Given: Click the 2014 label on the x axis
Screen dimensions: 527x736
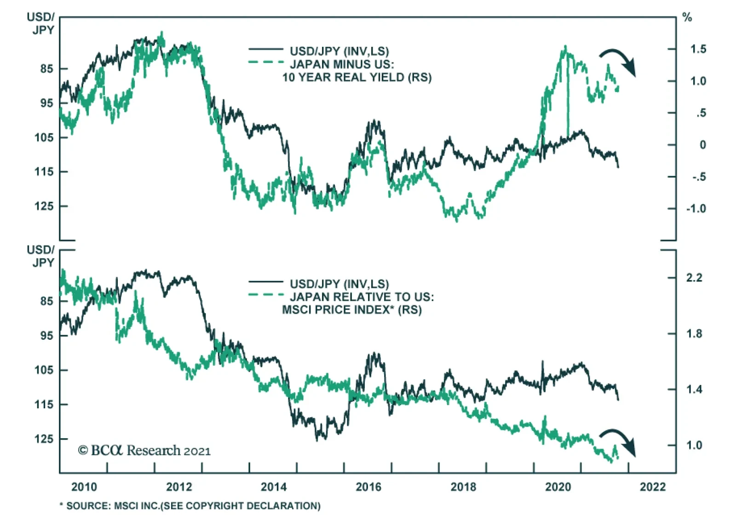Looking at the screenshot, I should [x=274, y=487].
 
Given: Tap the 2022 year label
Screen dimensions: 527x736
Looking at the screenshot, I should [x=652, y=487].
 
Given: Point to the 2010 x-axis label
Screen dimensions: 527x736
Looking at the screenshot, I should [x=84, y=487].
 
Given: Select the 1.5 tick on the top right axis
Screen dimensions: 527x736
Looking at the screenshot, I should [x=698, y=49].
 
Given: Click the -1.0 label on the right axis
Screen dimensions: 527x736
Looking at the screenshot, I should [x=696, y=209].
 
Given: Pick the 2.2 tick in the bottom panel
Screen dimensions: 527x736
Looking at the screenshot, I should [x=694, y=278].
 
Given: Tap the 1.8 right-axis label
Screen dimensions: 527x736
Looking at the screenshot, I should [x=694, y=334].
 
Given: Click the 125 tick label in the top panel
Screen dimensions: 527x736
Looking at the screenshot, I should [x=44, y=206].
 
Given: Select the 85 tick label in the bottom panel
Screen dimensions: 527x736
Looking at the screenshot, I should [x=46, y=301].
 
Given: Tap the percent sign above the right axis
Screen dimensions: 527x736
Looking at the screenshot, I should [x=687, y=18].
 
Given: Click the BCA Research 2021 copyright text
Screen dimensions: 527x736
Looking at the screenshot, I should [x=144, y=451].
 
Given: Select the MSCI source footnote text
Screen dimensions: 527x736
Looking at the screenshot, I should [x=190, y=506].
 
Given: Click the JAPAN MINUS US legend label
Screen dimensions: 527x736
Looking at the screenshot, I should [x=342, y=64].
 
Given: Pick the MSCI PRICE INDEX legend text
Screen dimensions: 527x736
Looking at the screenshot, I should [x=352, y=310].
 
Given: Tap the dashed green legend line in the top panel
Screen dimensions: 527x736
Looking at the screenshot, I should [x=266, y=62].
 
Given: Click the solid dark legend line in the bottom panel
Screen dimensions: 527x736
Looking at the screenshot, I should [x=266, y=281].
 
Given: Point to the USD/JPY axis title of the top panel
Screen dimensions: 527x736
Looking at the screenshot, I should [x=41, y=23].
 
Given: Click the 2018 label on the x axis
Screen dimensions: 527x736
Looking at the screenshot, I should [x=463, y=487].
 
